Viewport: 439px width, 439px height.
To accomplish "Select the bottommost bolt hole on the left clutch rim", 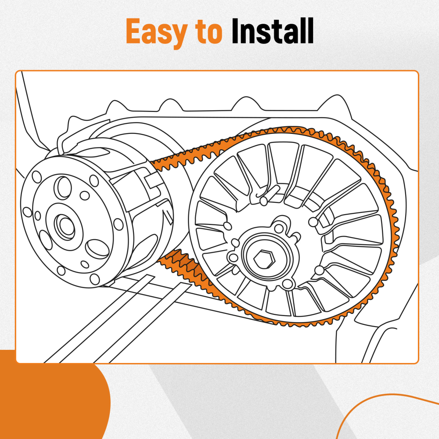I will click(94, 278).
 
